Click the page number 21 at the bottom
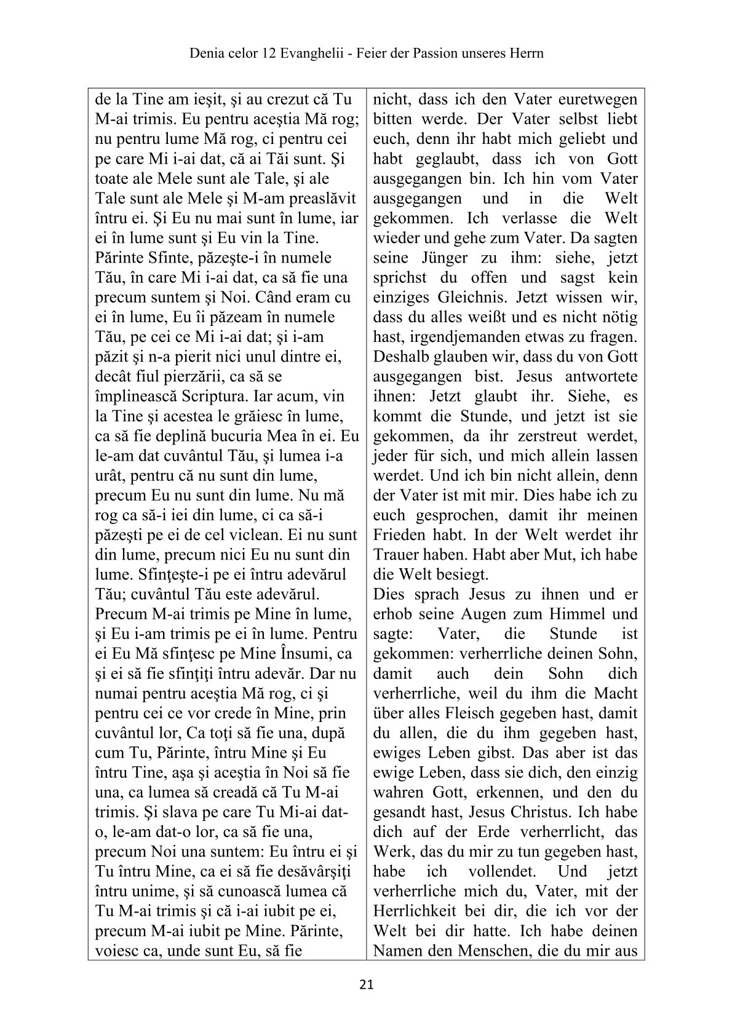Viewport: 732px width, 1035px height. click(x=366, y=985)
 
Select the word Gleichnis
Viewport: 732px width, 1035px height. click(x=474, y=298)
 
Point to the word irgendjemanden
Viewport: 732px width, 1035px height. click(x=467, y=337)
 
